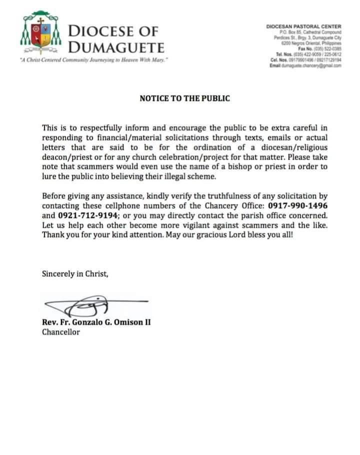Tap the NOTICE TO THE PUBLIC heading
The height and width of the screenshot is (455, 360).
tap(184, 98)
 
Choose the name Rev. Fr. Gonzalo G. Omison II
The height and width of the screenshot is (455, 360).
tap(96, 322)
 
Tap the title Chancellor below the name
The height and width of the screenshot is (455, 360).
tap(61, 332)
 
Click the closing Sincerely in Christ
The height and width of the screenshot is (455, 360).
tap(75, 273)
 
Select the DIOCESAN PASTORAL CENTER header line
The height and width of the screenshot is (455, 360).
tap(303, 26)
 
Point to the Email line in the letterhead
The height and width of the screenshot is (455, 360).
tap(305, 65)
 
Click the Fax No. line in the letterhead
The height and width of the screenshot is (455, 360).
tap(319, 48)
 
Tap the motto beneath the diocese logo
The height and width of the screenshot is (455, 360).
tap(93, 60)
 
